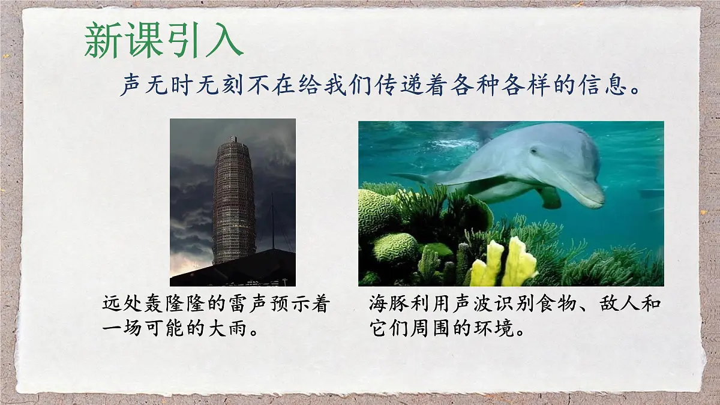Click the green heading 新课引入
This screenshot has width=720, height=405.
(163, 41)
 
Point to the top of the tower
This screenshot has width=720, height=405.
(233, 139)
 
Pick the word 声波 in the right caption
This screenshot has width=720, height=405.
(478, 304)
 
